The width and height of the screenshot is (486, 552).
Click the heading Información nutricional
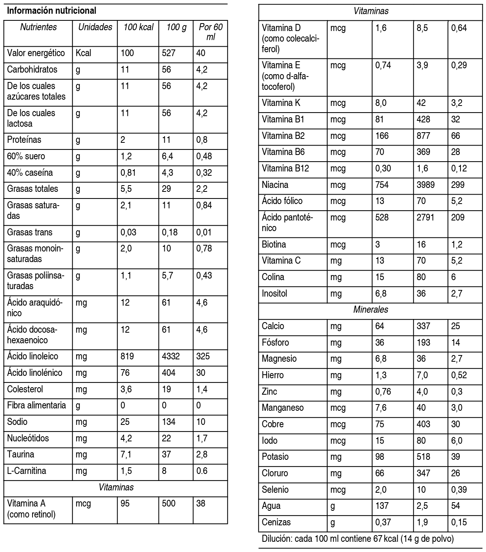(52, 11)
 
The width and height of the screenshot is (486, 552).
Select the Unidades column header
(95, 27)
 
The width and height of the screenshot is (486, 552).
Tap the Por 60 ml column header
(211, 32)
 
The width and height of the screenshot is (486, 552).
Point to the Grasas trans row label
(30, 232)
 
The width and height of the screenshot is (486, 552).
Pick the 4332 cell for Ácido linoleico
(171, 356)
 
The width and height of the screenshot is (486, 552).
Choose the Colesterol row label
(25, 389)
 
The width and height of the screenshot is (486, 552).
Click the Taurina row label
(20, 454)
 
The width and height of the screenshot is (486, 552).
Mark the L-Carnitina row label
(27, 471)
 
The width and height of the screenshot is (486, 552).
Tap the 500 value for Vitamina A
(169, 503)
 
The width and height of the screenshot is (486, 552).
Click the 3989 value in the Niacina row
(426, 185)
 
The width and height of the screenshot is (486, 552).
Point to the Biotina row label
(274, 244)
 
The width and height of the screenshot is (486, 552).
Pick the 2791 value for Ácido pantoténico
(426, 217)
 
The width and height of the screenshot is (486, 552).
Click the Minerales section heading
(371, 310)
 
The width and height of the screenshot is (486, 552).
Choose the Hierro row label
(273, 375)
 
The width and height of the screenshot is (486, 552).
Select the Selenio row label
(275, 490)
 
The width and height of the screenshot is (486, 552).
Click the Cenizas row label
(276, 522)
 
